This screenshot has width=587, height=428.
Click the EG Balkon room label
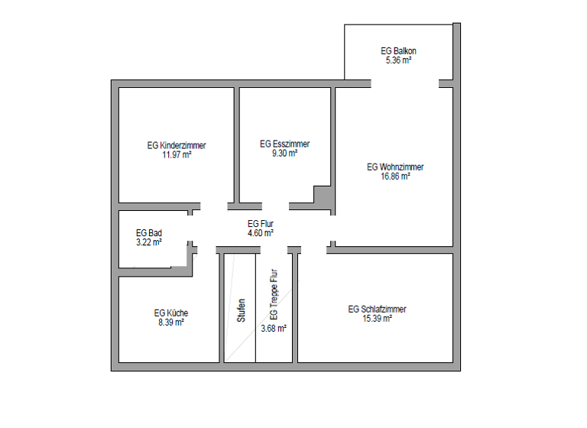[x=398, y=50]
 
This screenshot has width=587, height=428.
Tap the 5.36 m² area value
[x=398, y=60]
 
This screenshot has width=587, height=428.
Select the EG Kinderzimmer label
[x=177, y=144]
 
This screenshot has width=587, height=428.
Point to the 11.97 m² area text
[x=177, y=154]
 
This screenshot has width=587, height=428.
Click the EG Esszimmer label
[x=284, y=143]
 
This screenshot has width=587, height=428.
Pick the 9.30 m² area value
[x=284, y=152]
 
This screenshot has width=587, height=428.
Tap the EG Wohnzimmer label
[x=395, y=167]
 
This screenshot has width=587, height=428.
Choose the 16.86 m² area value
[x=395, y=176]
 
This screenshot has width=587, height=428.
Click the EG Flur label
[x=261, y=223]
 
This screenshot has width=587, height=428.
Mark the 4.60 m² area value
[x=261, y=232]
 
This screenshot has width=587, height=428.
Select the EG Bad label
[x=148, y=232]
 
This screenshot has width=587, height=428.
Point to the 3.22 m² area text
[x=148, y=242]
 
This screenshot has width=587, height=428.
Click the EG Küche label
[x=170, y=313]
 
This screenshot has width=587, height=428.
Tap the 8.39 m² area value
[x=170, y=322]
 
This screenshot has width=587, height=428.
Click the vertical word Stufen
[x=242, y=310]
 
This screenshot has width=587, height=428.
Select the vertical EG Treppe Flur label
[x=274, y=294]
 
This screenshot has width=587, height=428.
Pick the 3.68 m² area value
[x=274, y=328]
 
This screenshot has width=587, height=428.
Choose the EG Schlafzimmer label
[x=377, y=309]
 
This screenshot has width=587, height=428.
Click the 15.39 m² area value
[x=377, y=318]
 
